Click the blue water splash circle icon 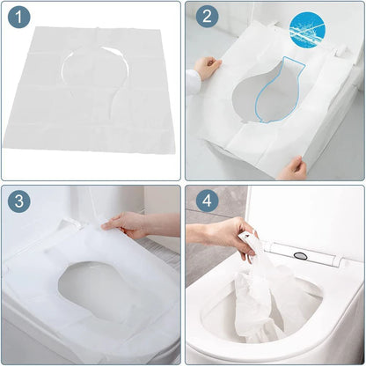[311, 27]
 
